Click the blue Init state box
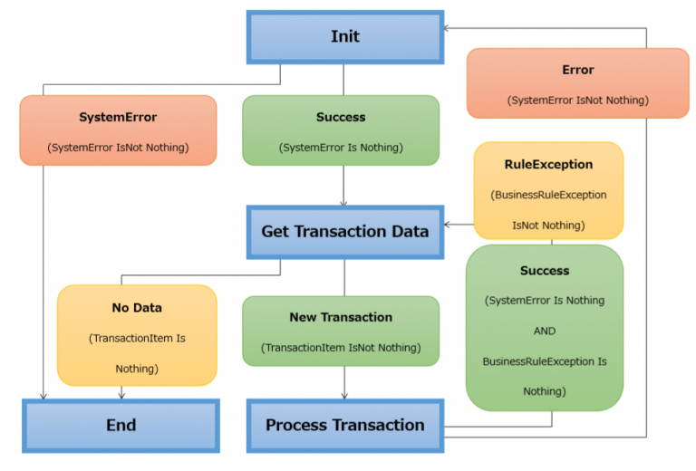coord(344,36)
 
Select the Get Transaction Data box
coord(344,231)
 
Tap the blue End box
coord(121,425)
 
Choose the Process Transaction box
coord(344,425)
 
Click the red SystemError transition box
coord(118,130)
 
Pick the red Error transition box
coord(577,83)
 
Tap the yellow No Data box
coord(137,335)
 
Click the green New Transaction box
coord(341,331)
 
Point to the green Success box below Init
coord(341,130)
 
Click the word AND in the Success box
coord(545,331)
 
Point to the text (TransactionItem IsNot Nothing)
coord(341,348)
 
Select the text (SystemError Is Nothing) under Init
coord(341,148)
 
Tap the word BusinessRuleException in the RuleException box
coord(548,195)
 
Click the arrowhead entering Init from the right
coord(448,28)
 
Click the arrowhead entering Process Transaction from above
coord(343,394)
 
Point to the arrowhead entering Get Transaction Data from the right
coord(448,224)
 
